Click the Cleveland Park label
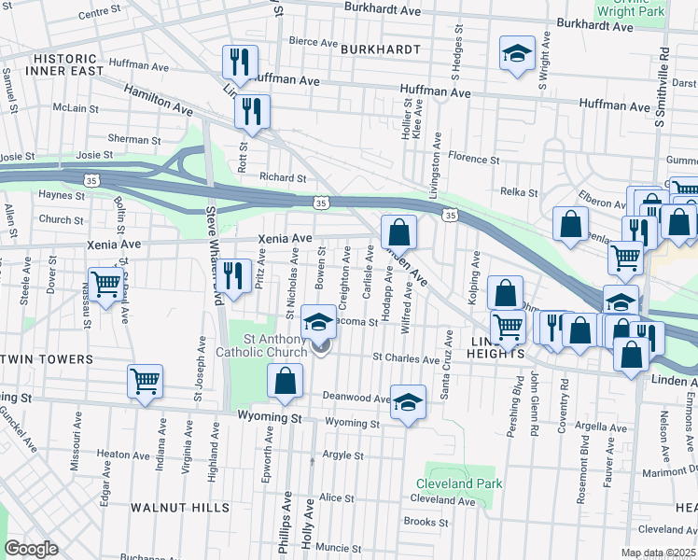(464, 483)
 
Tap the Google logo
(31, 548)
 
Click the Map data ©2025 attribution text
(658, 553)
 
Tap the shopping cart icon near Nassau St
(105, 282)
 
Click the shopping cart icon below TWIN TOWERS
(146, 381)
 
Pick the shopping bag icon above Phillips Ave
(286, 381)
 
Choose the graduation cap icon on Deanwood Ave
(408, 401)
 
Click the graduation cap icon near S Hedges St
(516, 53)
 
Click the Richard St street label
(283, 177)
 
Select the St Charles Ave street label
(405, 358)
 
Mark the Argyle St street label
(342, 455)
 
